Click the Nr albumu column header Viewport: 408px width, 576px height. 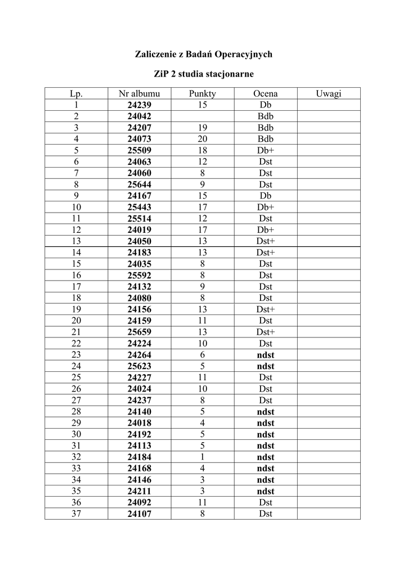click(x=140, y=94)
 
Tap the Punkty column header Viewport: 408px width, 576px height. click(x=203, y=94)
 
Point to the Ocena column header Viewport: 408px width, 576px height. click(x=266, y=94)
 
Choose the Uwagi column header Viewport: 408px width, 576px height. click(x=329, y=94)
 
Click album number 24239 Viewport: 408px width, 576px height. click(x=140, y=105)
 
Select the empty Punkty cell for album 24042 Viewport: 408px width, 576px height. click(x=203, y=116)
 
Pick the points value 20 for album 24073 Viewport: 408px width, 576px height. click(x=203, y=139)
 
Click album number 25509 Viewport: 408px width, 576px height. click(x=140, y=151)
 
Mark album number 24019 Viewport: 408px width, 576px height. click(x=140, y=230)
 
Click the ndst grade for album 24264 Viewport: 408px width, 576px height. click(x=266, y=355)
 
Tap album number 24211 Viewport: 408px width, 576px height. click(x=140, y=491)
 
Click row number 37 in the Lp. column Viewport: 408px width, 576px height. click(x=77, y=514)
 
